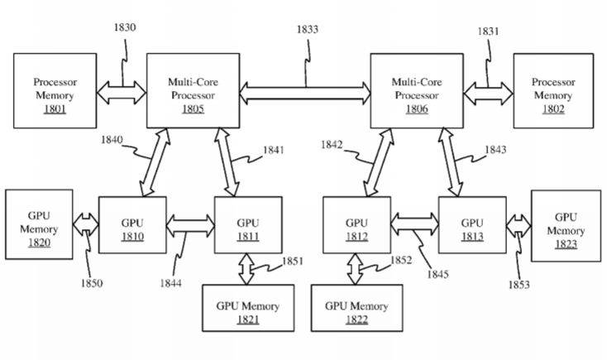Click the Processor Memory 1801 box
coord(54,89)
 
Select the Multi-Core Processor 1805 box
coord(192,89)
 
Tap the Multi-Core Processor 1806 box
coord(416,89)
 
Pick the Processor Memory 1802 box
coord(552,89)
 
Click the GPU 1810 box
coord(132,224)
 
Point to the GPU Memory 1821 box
coord(247,312)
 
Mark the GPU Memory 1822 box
coord(356,312)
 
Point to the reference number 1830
coord(124,27)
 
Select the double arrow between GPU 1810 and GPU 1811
coord(190,223)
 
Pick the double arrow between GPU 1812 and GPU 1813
coord(413,221)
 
